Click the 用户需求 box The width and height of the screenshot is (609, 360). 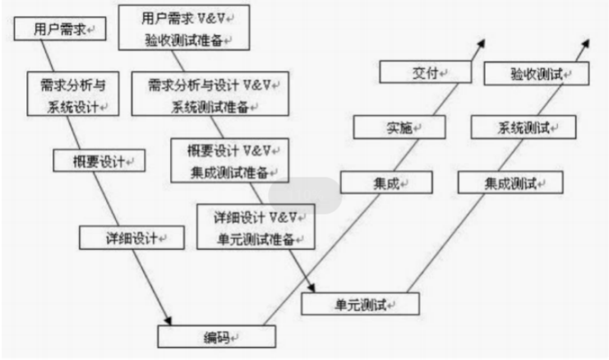point(58,30)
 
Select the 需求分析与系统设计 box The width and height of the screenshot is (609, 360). point(72,95)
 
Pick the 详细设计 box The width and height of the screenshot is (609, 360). point(122,238)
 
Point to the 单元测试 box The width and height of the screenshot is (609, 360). point(360,305)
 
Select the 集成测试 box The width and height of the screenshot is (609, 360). point(510,182)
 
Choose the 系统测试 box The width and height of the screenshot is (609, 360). point(524,128)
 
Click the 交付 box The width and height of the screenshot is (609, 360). point(425,73)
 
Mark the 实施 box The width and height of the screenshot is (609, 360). point(399,127)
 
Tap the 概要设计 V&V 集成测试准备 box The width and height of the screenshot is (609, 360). point(229,159)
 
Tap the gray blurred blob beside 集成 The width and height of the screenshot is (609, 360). point(305,196)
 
